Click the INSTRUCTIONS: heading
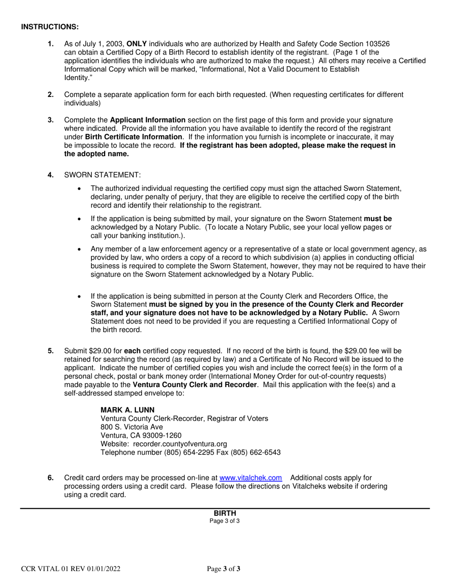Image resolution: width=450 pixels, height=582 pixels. (50, 26)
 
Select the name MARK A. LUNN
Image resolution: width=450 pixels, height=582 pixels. (127, 410)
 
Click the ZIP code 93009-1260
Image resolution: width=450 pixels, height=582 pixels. (160, 435)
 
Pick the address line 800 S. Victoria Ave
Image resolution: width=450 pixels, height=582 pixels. (132, 427)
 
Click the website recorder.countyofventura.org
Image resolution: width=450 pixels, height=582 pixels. (180, 444)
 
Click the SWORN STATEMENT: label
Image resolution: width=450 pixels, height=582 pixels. (102, 175)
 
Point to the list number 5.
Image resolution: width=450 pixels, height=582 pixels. (51, 351)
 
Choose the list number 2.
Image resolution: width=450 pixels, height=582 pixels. (51, 95)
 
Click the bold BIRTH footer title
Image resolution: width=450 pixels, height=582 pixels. (225, 513)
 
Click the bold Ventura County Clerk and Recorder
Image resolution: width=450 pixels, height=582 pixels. (195, 385)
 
